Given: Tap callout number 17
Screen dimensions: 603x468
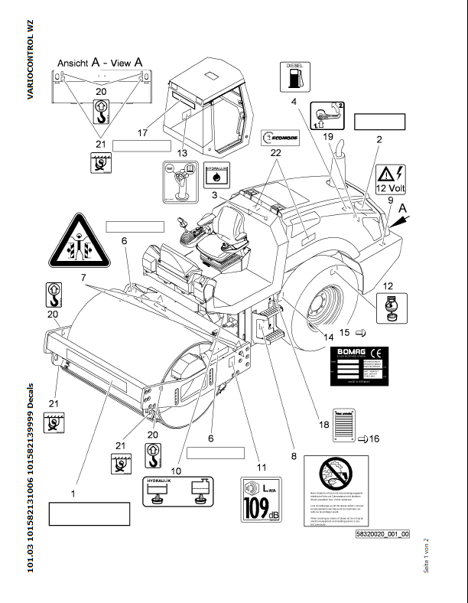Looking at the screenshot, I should coord(141,133).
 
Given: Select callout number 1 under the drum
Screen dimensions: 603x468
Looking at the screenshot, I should coord(73,494).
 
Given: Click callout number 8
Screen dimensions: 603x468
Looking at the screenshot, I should coord(293,457).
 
